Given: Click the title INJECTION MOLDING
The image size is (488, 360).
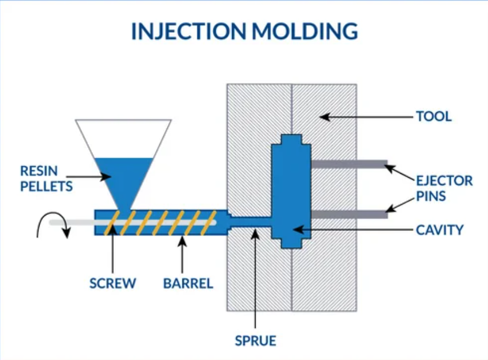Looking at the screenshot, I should click(x=244, y=31).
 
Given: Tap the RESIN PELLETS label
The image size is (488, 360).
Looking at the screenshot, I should click(x=46, y=178).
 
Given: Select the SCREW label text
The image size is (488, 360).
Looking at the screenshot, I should click(x=113, y=283).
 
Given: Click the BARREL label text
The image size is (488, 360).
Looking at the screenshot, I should click(x=188, y=283).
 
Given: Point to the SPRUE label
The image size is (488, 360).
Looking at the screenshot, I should click(x=255, y=341).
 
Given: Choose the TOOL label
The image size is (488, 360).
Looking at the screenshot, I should click(x=434, y=116).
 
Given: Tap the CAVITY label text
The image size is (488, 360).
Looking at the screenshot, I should click(x=439, y=230).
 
